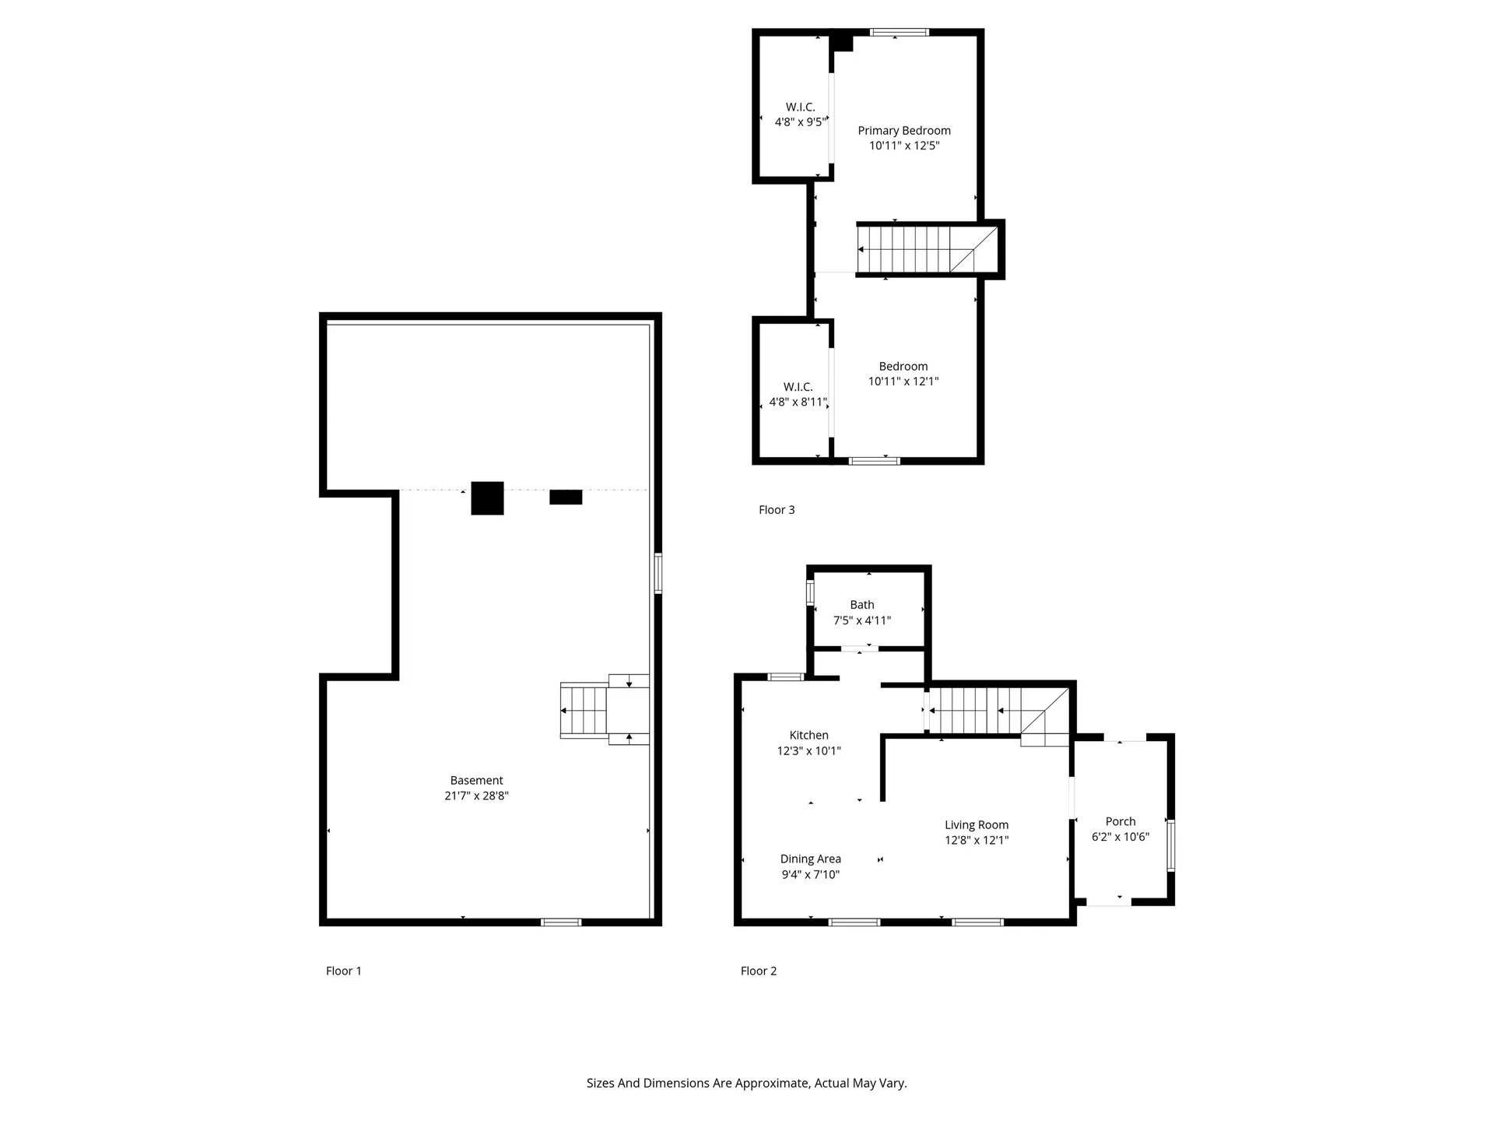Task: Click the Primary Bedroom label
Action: click(x=903, y=131)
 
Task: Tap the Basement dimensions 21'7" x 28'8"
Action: click(x=476, y=796)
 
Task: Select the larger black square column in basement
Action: click(x=487, y=498)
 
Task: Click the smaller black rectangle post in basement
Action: click(x=566, y=497)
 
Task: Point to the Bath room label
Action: click(x=861, y=605)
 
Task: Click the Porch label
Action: click(x=1120, y=821)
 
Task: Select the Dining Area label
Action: click(x=810, y=859)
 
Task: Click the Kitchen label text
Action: click(x=808, y=735)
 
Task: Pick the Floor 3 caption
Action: click(x=777, y=510)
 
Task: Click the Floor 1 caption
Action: click(x=343, y=971)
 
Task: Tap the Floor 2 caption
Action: click(x=758, y=971)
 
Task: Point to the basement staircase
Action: click(x=585, y=710)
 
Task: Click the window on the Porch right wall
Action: click(x=1170, y=845)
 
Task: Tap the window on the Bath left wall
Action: click(x=810, y=592)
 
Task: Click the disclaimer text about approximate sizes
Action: click(x=746, y=1083)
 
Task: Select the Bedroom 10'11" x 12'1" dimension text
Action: click(x=903, y=381)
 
